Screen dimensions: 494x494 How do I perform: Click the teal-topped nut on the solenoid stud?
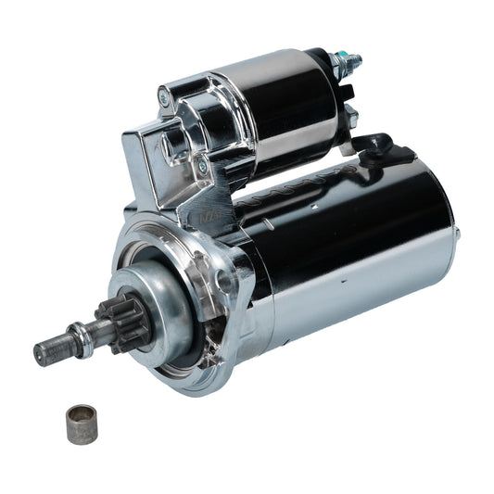pos(352,63)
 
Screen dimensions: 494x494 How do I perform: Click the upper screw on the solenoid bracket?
pos(163,95)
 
